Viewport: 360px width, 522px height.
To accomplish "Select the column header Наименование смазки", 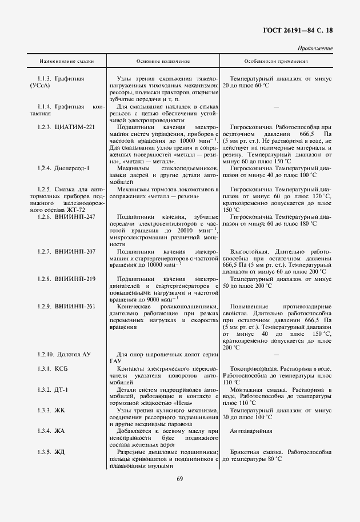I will point(66,61).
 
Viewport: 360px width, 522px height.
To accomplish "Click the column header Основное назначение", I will point(163,61).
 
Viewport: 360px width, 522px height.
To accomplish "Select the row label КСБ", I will point(62,368).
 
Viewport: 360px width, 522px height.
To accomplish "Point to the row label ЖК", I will point(60,410).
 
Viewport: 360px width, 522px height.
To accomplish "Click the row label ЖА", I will point(60,431).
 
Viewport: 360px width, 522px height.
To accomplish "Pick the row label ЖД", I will point(60,452).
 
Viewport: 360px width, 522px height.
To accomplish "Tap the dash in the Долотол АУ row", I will point(276,355).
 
